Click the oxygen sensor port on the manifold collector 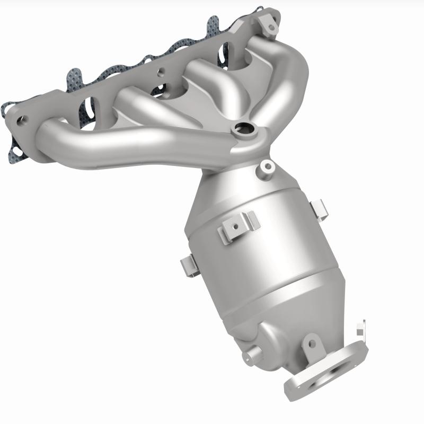pos(244,128)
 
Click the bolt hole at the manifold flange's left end pos(22,120)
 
